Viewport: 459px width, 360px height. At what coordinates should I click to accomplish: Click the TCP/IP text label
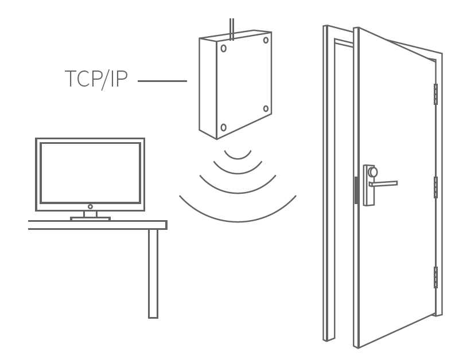point(96,80)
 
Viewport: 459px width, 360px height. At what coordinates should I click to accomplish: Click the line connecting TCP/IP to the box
point(162,81)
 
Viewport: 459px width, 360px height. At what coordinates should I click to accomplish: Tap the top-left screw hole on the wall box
point(223,48)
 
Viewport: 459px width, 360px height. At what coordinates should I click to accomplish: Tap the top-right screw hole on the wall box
point(266,40)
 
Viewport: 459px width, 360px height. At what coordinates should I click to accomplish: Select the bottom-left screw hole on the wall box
point(223,127)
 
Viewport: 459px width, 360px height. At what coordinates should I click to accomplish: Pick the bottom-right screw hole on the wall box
point(266,108)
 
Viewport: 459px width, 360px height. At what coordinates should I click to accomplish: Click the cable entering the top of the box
point(231,29)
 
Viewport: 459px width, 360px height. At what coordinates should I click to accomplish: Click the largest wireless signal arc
point(238,220)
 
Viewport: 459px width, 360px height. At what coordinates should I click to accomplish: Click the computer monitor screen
point(90,173)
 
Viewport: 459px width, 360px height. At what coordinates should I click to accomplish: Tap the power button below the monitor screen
point(90,206)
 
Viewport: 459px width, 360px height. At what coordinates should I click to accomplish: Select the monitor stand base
point(90,218)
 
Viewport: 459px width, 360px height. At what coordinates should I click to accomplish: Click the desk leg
point(153,273)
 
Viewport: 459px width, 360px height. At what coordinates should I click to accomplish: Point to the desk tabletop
point(98,225)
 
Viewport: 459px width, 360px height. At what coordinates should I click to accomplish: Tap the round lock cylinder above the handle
point(373,172)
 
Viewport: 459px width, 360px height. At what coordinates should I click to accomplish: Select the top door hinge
point(435,94)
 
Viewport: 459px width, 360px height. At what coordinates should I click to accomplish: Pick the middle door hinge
point(435,187)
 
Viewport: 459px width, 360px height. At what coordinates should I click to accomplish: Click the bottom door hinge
point(435,277)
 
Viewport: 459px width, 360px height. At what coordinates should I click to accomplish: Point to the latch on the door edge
point(356,190)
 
